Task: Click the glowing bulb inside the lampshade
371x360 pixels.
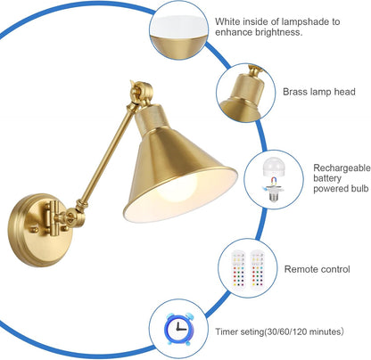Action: click(x=177, y=188)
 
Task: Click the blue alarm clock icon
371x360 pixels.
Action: click(x=178, y=329)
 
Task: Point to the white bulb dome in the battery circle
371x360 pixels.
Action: click(x=274, y=168)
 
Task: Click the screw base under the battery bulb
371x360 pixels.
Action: click(x=273, y=193)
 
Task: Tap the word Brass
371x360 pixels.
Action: click(x=294, y=92)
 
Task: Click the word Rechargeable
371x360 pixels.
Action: click(x=342, y=168)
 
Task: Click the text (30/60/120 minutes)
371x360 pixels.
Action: click(x=304, y=331)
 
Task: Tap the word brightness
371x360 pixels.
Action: click(x=279, y=32)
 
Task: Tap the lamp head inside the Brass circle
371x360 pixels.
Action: click(x=243, y=96)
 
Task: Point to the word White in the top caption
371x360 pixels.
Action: click(x=227, y=21)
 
